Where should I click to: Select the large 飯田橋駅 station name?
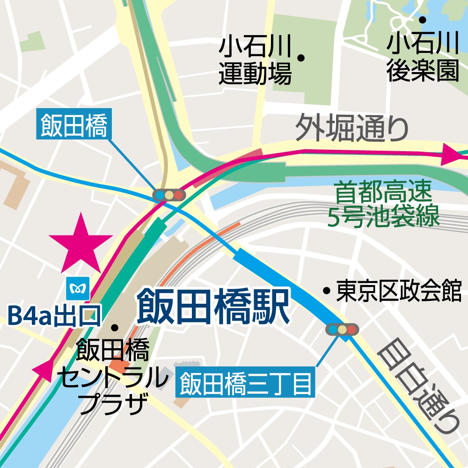point(213,307)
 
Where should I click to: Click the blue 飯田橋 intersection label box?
point(74,126)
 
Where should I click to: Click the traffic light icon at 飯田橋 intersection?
point(169,194)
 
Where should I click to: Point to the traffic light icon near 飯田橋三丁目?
point(342,329)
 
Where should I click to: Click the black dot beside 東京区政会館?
point(327,291)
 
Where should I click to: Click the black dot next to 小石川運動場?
point(301,58)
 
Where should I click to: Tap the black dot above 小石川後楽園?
point(422,20)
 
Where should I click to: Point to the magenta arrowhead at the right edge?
point(451,155)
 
